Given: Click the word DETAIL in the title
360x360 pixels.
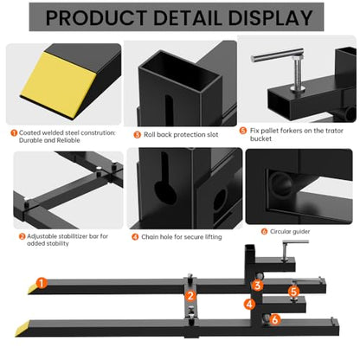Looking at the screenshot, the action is pyautogui.click(x=188, y=18).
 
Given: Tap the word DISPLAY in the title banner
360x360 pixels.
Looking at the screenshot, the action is pyautogui.click(x=270, y=18).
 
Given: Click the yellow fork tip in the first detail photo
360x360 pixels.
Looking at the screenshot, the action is pyautogui.click(x=58, y=85).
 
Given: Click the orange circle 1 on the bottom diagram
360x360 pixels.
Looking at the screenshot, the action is pyautogui.click(x=42, y=283).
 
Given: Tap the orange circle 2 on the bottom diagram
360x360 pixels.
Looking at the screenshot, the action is pyautogui.click(x=190, y=296).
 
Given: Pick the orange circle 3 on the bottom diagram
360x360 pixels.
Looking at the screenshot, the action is pyautogui.click(x=257, y=286).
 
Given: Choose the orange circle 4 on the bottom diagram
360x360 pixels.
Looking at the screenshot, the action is pyautogui.click(x=249, y=304).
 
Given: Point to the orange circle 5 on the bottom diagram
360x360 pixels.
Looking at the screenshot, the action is pyautogui.click(x=293, y=292).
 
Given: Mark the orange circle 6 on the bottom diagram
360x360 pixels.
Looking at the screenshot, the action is pyautogui.click(x=275, y=319).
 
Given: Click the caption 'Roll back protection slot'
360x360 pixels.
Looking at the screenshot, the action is pyautogui.click(x=181, y=135).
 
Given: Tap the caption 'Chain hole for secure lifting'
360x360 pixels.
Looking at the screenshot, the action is pyautogui.click(x=182, y=237).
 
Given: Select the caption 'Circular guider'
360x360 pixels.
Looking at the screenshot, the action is pyautogui.click(x=290, y=231).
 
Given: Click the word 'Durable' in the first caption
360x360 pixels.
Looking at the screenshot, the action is pyautogui.click(x=30, y=140).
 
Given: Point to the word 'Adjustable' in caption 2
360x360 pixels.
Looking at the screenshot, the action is pyautogui.click(x=42, y=236).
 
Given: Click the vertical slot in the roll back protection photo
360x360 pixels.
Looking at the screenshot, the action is pyautogui.click(x=169, y=110).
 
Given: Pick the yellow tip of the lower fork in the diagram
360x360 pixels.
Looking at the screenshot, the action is pyautogui.click(x=22, y=328).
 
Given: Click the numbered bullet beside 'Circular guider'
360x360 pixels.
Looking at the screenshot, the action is pyautogui.click(x=264, y=231).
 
